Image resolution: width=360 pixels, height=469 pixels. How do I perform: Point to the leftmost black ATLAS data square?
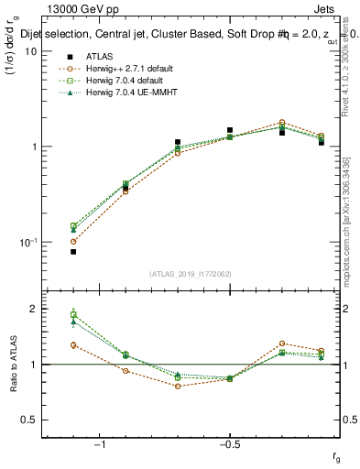73,251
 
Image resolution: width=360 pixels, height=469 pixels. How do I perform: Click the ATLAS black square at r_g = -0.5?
230,130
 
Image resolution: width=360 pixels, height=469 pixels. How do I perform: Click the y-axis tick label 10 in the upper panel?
30,51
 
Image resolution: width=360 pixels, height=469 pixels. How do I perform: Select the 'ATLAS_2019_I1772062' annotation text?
191,273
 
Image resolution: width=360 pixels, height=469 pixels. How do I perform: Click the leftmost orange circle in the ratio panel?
73,344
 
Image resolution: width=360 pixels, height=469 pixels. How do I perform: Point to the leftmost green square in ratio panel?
73,315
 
